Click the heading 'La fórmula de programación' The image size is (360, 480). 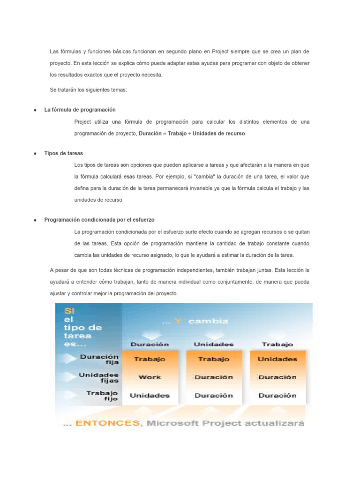80,110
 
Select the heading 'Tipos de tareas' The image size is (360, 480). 64,153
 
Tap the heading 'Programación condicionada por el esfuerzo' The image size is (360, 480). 99,219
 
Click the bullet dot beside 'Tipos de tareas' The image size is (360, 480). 35,154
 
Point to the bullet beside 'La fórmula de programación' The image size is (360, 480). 35,110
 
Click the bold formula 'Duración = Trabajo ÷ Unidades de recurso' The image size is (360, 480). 192,133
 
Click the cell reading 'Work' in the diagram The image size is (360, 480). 150,377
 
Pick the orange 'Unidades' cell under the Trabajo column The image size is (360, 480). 277,359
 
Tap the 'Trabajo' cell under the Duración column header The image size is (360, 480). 150,359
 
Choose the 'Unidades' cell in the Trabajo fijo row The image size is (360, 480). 150,395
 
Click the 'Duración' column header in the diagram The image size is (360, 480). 150,344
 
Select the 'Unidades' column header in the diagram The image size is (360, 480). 214,344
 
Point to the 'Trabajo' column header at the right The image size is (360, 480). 277,344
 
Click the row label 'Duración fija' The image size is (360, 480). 99,359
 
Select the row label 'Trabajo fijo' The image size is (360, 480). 102,396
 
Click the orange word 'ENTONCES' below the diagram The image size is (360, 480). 108,423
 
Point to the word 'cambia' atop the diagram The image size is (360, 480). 209,321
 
